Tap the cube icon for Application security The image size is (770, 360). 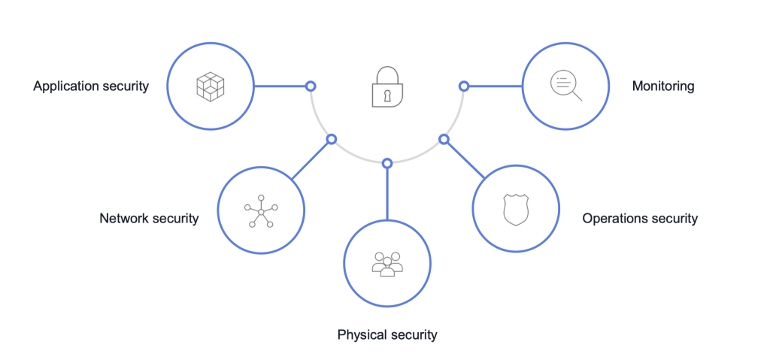[x=211, y=86]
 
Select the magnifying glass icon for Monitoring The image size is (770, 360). [x=565, y=85]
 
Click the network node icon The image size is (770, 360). [x=260, y=211]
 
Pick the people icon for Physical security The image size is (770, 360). [x=387, y=263]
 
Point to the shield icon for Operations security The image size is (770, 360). [x=515, y=210]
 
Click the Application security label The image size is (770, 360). [x=91, y=86]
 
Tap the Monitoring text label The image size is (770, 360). [x=662, y=86]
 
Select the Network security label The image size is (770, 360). [x=149, y=219]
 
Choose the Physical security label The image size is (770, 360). [x=387, y=334]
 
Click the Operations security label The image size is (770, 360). [x=640, y=219]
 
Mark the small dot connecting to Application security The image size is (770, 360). [x=311, y=86]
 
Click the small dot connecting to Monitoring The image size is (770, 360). [x=464, y=86]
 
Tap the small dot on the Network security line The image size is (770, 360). [x=331, y=139]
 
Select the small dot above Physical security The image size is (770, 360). [x=387, y=163]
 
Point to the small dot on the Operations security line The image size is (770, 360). [x=444, y=139]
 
